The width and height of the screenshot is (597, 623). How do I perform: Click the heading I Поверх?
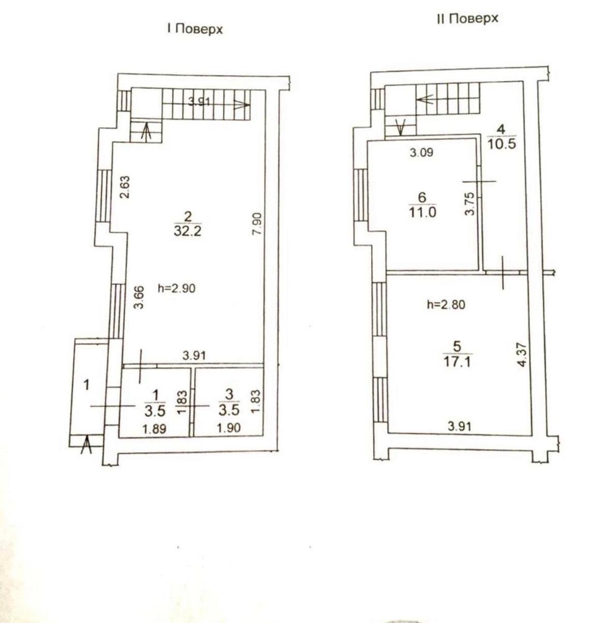point(195,29)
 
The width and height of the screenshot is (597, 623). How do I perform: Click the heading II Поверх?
point(467,19)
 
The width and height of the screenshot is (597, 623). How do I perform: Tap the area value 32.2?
point(188,231)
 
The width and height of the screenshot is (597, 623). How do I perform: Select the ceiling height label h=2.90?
point(176,289)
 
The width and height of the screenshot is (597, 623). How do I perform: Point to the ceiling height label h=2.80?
point(446,304)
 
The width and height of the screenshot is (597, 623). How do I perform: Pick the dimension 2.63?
point(126,187)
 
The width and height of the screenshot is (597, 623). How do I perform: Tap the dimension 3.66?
point(139,297)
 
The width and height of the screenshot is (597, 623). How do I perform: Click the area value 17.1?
point(457,362)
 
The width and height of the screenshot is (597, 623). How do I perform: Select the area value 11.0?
point(422,212)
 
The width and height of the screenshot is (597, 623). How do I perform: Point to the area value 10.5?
point(502,144)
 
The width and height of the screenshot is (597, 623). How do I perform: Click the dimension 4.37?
point(522,355)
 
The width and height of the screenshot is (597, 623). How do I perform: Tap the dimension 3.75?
point(469,204)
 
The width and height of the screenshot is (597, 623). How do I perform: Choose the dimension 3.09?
point(422,153)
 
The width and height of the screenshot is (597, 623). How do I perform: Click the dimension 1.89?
point(154,429)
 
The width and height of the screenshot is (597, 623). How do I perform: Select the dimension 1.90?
point(229,428)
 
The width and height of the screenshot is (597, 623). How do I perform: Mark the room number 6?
point(422,197)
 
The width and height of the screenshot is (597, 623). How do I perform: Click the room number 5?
point(457,347)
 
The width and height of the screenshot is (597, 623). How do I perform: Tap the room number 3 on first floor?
point(229,395)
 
